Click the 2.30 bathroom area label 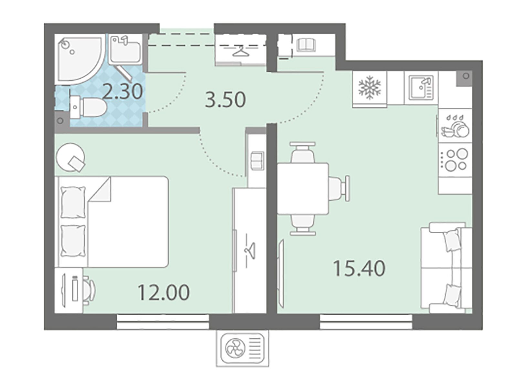pos(123,91)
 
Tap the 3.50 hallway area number pos(225,99)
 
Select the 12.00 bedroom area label pos(164,292)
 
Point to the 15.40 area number pos(359,268)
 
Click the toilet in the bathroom pos(88,107)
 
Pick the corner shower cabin pos(79,59)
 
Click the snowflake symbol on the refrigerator pos(369,88)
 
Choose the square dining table pos(303,189)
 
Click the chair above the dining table pos(303,152)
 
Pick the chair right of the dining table pos(339,188)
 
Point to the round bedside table pos(71,158)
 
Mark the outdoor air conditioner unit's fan pos(235,348)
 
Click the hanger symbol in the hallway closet pos(241,51)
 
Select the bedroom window pos(163,322)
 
